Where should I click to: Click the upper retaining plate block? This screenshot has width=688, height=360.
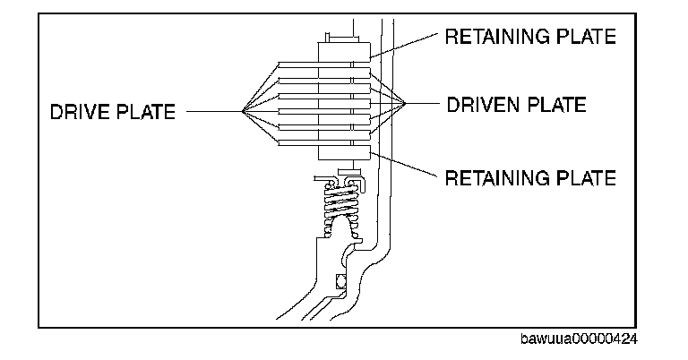tap(343, 50)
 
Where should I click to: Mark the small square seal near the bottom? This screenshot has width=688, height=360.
tap(340, 283)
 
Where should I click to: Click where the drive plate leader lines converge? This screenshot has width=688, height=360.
tap(244, 111)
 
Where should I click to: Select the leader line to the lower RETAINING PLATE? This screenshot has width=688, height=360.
tap(408, 167)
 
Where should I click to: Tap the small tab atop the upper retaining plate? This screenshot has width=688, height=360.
tap(333, 36)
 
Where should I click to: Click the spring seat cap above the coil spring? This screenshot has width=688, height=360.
tap(343, 179)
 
